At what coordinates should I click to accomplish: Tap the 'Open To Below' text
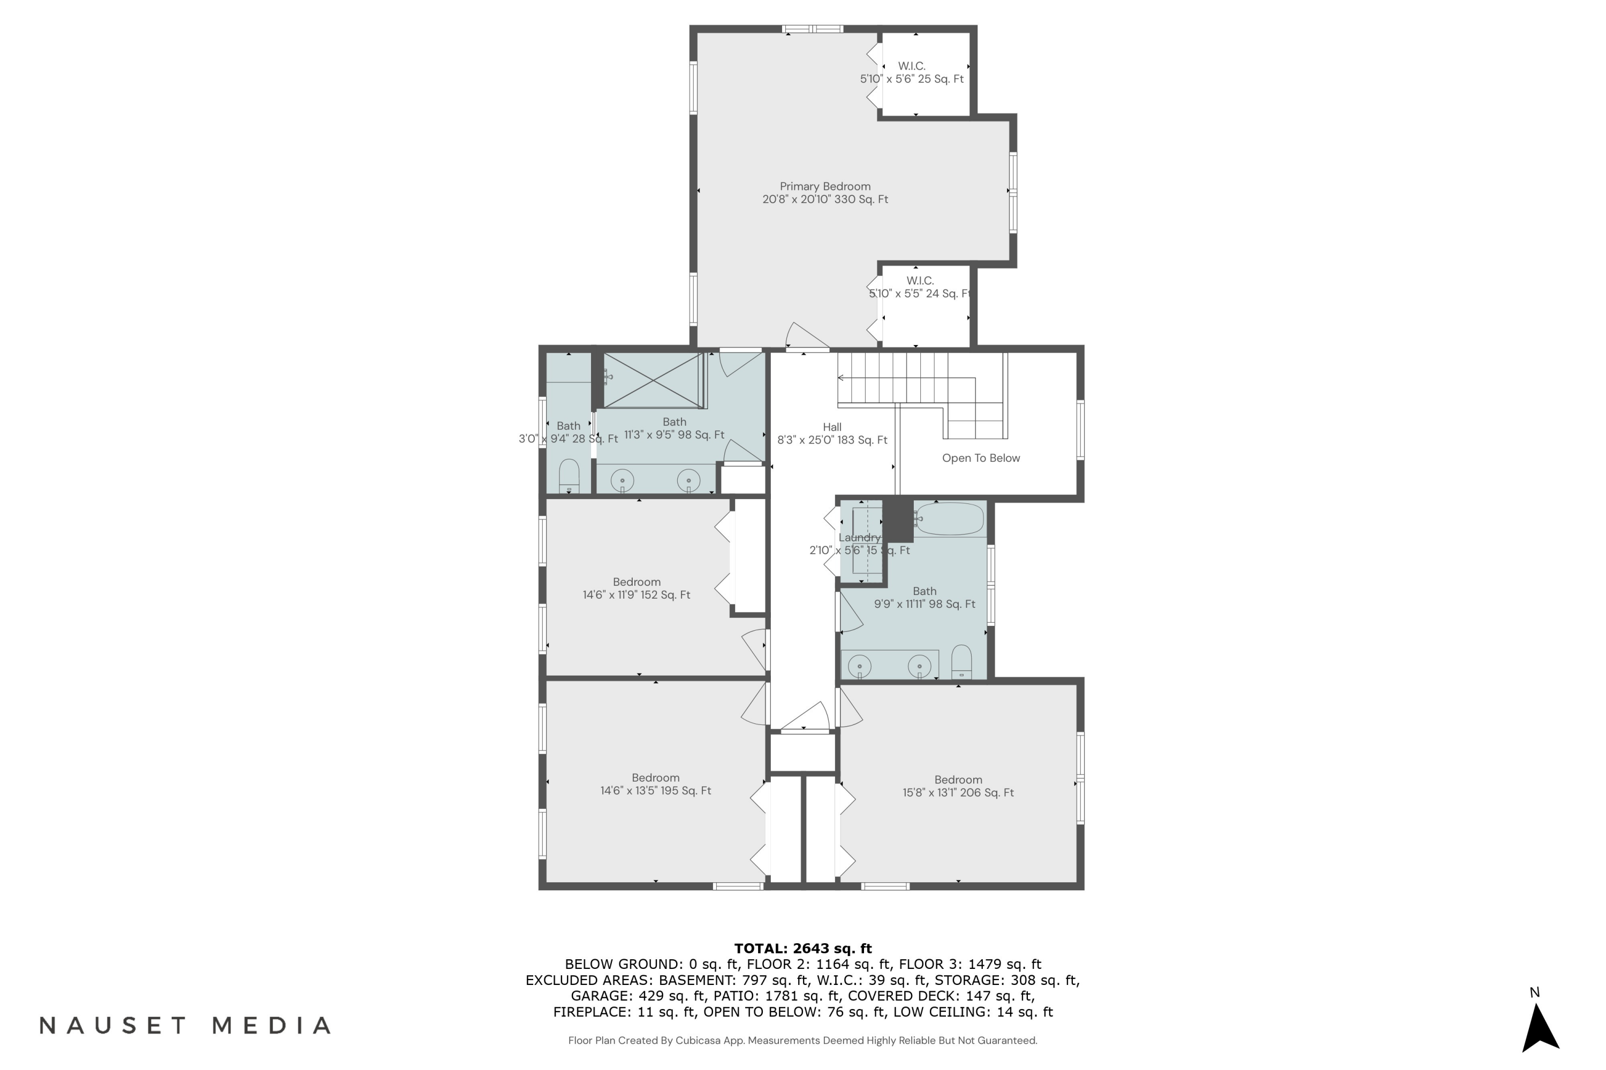coord(981,458)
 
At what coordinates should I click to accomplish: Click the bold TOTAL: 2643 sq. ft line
coord(802,948)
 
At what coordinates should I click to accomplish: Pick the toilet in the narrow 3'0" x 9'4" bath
coord(569,476)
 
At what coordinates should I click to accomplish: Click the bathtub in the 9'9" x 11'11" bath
coord(950,519)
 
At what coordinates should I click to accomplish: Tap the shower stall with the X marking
coord(654,381)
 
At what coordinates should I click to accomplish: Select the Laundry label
coord(859,538)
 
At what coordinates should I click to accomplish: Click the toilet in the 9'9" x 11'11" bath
coord(961,662)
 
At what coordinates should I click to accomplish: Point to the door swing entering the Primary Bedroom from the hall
coord(806,337)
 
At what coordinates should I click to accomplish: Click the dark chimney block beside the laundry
coord(897,521)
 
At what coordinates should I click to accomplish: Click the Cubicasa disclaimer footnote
coord(802,1040)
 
